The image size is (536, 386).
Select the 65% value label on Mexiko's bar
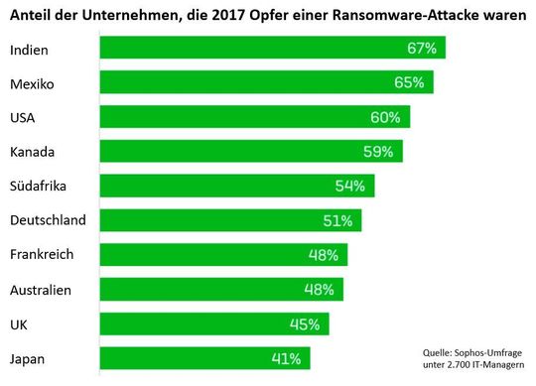(415, 82)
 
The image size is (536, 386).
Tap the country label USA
(24, 118)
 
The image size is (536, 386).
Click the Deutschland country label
(48, 220)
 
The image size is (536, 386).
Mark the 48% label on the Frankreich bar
(323, 255)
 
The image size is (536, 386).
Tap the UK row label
(19, 323)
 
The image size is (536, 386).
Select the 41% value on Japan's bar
(286, 357)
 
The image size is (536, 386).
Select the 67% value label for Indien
(424, 49)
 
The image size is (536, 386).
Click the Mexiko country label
(32, 83)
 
